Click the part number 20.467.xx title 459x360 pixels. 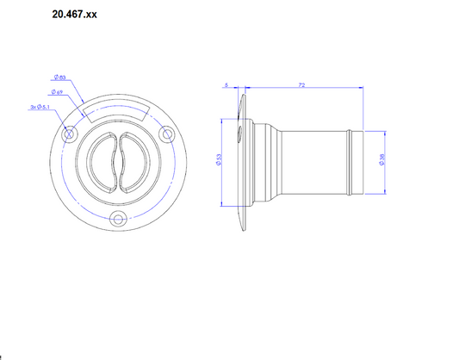(73, 15)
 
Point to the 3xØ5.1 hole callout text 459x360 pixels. (39, 108)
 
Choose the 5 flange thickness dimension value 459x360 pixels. (225, 84)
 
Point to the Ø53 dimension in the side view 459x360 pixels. (220, 162)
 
